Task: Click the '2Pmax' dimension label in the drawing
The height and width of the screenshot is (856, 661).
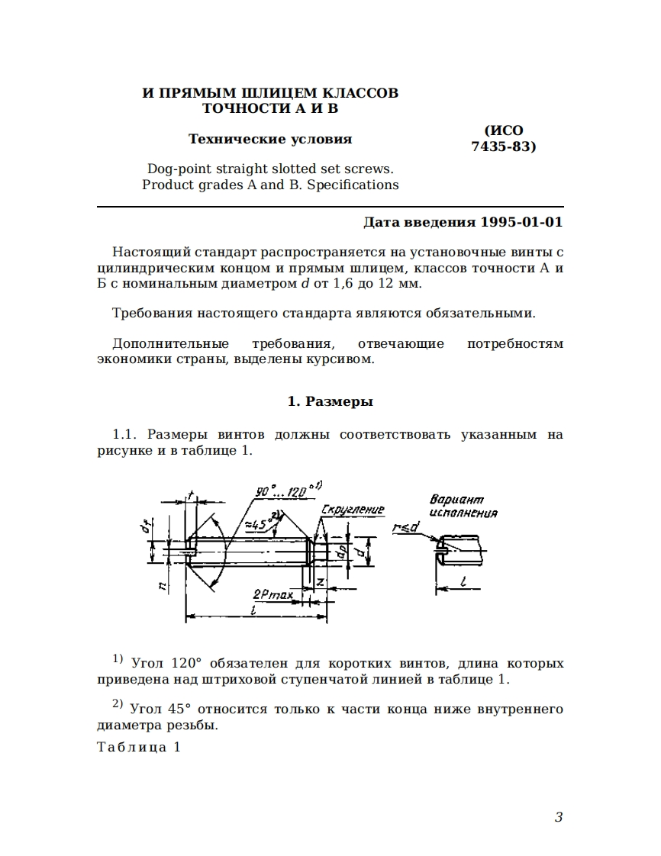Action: [272, 593]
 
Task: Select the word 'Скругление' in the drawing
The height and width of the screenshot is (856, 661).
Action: [353, 509]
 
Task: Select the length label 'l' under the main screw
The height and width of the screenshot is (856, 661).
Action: [253, 610]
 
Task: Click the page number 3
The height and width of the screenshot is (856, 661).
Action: [558, 817]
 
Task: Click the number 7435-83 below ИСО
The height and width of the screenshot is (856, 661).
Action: [504, 146]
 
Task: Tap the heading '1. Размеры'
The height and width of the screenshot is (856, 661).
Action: [330, 401]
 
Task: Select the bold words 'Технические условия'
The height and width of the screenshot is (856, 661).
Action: [270, 139]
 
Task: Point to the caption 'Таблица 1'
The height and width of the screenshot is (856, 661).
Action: [139, 747]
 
